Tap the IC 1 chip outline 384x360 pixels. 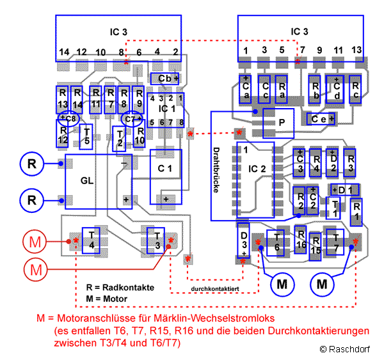tap(166, 109)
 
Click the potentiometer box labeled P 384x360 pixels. tap(282, 122)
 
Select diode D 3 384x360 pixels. tap(243, 240)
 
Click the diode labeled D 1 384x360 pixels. tap(345, 191)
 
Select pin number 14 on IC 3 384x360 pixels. tap(64, 52)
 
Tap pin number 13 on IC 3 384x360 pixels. tap(357, 50)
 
